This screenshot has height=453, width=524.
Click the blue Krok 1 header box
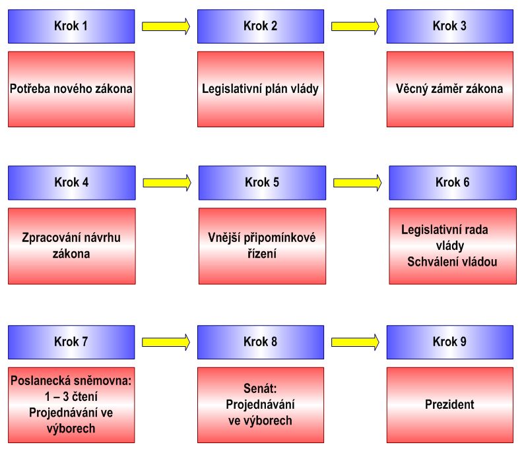[71, 26]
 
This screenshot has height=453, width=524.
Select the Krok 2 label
[261, 26]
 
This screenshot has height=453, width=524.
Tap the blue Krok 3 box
[449, 26]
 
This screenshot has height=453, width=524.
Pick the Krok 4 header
[71, 183]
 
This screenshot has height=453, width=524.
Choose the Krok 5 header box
[262, 183]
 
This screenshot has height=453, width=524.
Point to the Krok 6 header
[453, 183]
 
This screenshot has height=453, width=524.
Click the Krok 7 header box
[71, 342]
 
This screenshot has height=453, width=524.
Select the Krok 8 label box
[261, 342]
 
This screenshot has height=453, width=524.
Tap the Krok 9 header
[449, 342]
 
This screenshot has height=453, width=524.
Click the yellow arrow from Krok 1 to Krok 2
[166, 26]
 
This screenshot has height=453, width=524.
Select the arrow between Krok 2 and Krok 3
[355, 26]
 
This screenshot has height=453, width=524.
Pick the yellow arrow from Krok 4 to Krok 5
[167, 181]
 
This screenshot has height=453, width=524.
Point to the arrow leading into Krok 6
[357, 181]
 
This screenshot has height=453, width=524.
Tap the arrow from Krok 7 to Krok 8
[166, 341]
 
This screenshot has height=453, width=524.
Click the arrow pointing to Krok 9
[355, 341]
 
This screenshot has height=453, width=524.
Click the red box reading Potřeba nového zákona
[71, 89]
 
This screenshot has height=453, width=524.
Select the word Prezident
[449, 404]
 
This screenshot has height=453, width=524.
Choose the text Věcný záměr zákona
[449, 89]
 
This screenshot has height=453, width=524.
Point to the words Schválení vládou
[453, 262]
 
